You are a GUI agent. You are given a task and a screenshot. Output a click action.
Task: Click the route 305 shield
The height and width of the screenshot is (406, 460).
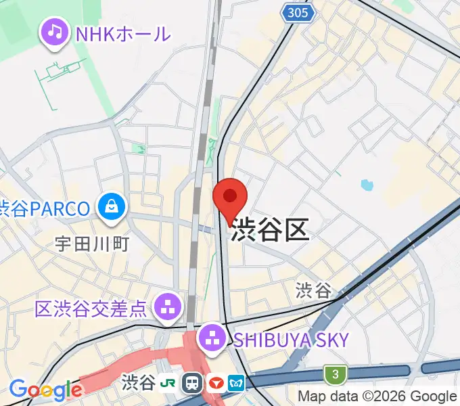pyautogui.click(x=297, y=12)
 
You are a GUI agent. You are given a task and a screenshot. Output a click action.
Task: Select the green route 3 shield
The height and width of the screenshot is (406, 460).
pyautogui.click(x=333, y=373)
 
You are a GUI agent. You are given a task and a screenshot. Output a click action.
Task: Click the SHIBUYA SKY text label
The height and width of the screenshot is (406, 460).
pyautogui.click(x=291, y=339)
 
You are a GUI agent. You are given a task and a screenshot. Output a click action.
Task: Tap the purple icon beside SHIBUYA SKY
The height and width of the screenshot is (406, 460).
pyautogui.click(x=212, y=338)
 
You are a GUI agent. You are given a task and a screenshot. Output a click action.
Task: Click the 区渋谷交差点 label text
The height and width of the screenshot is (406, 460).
pyautogui.click(x=90, y=309)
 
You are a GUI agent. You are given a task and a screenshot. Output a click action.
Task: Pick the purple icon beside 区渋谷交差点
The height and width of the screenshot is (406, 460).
pyautogui.click(x=167, y=308)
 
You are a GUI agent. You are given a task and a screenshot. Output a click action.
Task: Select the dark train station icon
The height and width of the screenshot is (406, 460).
pyautogui.click(x=193, y=383)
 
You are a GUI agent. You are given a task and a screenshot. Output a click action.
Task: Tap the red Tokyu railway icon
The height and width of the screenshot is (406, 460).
pyautogui.click(x=216, y=383)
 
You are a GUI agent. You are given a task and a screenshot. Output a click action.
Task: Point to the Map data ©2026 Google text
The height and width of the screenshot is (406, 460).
pyautogui.click(x=377, y=397)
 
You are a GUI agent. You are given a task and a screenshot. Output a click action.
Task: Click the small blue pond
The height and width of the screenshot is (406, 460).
pyautogui.click(x=367, y=184)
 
